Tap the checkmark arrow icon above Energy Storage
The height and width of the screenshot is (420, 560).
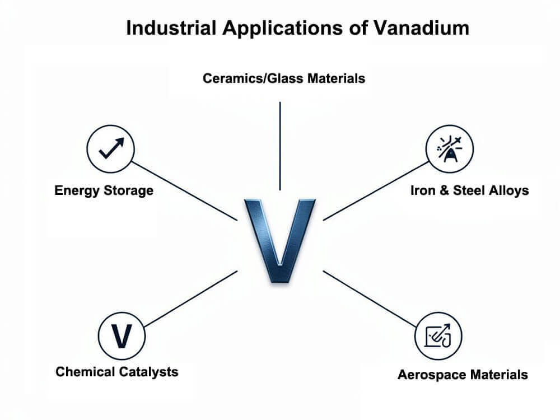pos(111,149)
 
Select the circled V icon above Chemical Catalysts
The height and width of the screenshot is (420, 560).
pos(122,335)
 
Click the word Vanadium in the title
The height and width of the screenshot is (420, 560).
pos(422,28)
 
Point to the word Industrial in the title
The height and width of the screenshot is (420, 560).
pos(171,28)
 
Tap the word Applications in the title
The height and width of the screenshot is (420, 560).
pos(282,29)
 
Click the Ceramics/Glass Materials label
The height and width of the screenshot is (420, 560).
pos(284,78)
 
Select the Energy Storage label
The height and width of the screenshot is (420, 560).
pos(104,190)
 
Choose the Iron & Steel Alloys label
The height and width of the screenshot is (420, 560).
pos(470,190)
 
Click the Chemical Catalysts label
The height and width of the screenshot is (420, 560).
pos(117,372)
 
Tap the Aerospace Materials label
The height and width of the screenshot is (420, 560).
pos(463,375)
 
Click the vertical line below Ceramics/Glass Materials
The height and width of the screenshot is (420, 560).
pos(280,146)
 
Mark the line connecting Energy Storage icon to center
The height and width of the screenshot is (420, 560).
pos(185,191)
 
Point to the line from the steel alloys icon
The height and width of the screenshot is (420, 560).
pos(376,191)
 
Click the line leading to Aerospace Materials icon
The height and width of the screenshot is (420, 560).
pos(370,298)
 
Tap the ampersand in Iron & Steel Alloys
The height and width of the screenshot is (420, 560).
pos(444,190)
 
